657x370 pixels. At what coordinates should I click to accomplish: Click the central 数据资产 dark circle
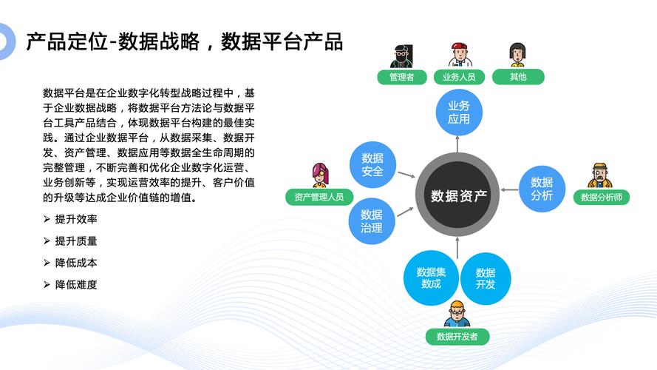[x=457, y=195]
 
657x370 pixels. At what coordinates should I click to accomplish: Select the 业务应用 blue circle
[x=459, y=112]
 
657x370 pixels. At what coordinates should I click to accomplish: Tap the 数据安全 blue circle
[x=372, y=164]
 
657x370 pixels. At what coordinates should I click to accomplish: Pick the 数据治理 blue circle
[x=372, y=221]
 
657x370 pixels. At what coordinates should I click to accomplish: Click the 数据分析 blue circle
[x=542, y=189]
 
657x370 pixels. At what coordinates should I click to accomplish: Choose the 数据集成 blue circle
[x=431, y=277]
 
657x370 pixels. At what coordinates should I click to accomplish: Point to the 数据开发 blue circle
[x=486, y=278]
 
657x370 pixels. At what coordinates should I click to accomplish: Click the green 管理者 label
[x=402, y=77]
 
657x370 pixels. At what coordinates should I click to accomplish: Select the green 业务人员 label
[x=459, y=77]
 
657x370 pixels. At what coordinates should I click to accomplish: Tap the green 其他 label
[x=518, y=77]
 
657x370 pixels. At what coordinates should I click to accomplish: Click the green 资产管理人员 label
[x=319, y=197]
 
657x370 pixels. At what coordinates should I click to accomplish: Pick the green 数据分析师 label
[x=602, y=197]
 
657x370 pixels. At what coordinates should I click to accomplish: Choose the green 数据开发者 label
[x=457, y=337]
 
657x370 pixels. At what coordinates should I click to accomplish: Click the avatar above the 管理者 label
[x=402, y=55]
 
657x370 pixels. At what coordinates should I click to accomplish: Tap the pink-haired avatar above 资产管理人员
[x=321, y=175]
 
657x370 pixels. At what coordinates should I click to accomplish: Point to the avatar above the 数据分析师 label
[x=599, y=175]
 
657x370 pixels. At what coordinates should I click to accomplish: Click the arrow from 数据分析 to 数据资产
[x=509, y=190]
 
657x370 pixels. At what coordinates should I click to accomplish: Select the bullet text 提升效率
[x=76, y=219]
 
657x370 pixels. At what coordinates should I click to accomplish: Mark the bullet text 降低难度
[x=76, y=284]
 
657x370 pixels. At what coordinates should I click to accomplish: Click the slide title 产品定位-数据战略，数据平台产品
[x=184, y=42]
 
